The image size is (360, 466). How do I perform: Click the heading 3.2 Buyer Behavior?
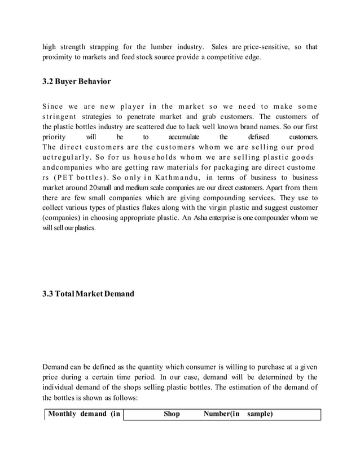click(x=76, y=82)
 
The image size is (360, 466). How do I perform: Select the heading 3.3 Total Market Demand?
click(x=88, y=293)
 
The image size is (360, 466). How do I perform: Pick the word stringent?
click(x=62, y=117)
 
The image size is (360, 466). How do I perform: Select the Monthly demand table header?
click(x=84, y=414)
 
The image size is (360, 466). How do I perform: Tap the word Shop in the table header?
click(x=172, y=414)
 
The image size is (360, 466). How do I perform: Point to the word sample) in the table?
click(x=260, y=414)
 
